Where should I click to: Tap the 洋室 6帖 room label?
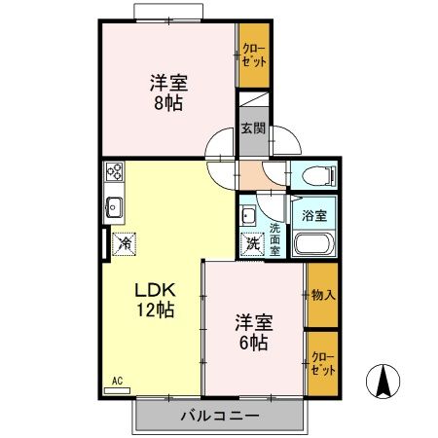[251, 333]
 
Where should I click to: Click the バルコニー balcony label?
[219, 417]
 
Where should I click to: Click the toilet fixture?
[315, 176]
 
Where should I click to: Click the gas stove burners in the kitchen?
[114, 175]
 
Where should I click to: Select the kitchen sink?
[114, 207]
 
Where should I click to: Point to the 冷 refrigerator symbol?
[124, 245]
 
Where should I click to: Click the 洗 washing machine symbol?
[251, 243]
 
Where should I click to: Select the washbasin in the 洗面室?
[248, 217]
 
